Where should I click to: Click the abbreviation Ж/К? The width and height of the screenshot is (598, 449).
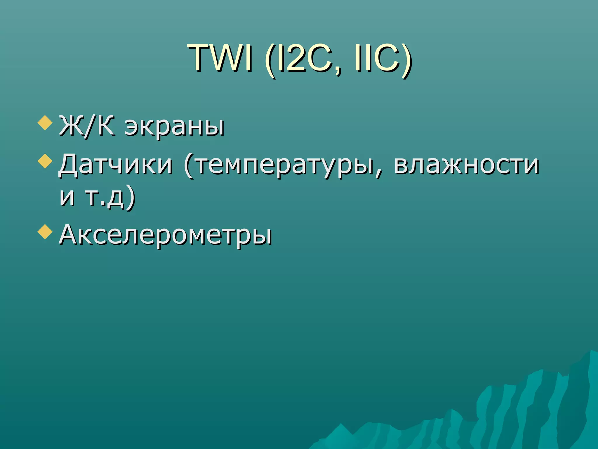[x=86, y=126]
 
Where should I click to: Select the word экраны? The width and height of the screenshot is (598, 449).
[x=174, y=128]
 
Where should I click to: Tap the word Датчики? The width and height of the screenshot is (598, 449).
[x=116, y=165]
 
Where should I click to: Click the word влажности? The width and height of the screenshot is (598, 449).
[x=466, y=165]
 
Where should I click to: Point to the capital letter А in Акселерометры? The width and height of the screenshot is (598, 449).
[x=70, y=234]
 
